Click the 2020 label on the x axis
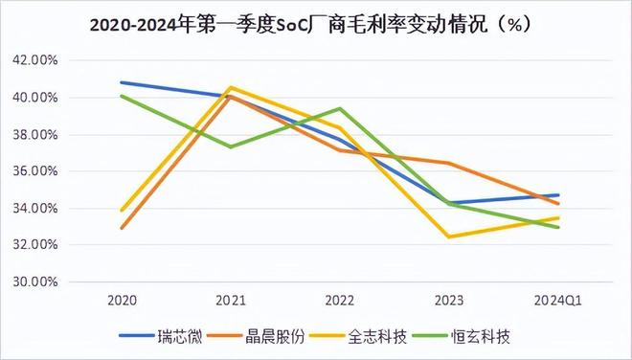coord(121,300)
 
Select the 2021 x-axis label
coord(230,300)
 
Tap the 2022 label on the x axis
coord(339,300)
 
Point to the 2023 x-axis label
coord(448,300)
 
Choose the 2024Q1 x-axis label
coord(557,300)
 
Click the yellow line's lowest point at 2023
coord(448,236)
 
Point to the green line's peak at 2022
coord(339,108)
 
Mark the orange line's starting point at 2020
coord(121,228)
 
